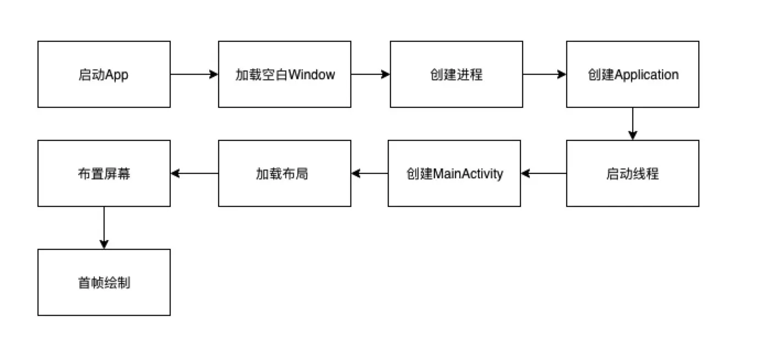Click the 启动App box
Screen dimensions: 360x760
(x=104, y=74)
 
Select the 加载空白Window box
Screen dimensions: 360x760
(x=284, y=74)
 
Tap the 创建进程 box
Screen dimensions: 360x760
(x=456, y=74)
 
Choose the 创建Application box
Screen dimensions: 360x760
(x=632, y=74)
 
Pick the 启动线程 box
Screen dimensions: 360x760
(x=632, y=173)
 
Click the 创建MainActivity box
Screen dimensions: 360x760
(x=454, y=173)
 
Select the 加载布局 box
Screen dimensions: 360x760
(x=284, y=173)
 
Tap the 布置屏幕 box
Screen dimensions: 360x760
(x=104, y=173)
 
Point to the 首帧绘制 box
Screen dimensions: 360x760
(x=104, y=282)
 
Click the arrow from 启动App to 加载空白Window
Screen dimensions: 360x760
(x=194, y=74)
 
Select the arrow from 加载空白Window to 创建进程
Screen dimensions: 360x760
(x=370, y=74)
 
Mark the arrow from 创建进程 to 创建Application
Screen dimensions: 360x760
(x=544, y=74)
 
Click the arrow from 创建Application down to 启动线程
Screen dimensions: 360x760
(x=632, y=124)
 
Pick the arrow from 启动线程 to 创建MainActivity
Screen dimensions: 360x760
(x=544, y=173)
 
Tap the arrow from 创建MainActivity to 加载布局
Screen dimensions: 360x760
(x=370, y=173)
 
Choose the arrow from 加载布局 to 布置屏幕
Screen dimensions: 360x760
(x=194, y=173)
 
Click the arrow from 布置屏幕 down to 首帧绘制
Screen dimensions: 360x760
(x=104, y=228)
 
